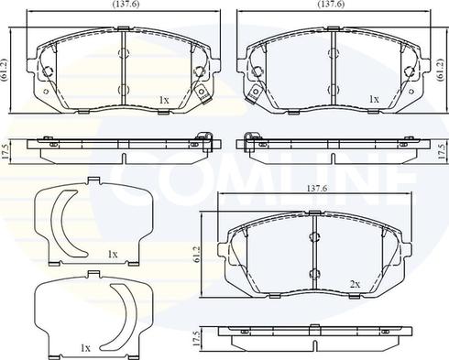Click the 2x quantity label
pos(355,285)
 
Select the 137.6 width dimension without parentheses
pos(316,189)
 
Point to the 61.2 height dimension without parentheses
pos(197,254)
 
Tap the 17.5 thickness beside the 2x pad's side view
pos(197,339)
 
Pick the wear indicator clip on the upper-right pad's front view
pos(253,94)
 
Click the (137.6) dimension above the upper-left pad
pos(126,5)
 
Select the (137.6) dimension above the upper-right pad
pos(331,5)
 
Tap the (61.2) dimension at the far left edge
pos(5,70)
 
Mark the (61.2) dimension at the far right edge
pos(441,70)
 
